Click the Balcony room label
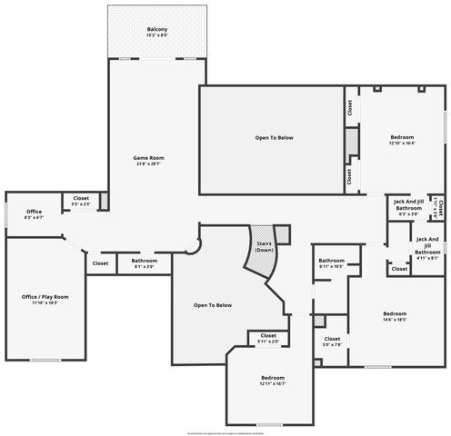coord(157,29)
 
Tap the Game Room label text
coord(149,157)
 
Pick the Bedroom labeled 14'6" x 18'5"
coord(394,313)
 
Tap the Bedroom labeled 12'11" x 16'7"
coord(273,377)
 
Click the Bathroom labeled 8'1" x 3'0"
coord(145,261)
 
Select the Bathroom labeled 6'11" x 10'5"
coord(331,261)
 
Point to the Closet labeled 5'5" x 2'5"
coord(81,197)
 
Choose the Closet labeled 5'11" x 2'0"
coord(268,335)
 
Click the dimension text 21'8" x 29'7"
coord(149,163)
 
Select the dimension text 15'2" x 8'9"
coord(157,35)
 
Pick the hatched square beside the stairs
coord(284,233)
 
